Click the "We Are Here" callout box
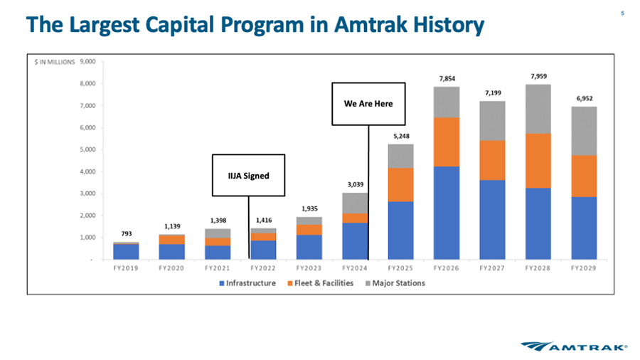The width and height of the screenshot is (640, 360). pos(368,104)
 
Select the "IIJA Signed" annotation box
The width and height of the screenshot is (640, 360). pos(248,175)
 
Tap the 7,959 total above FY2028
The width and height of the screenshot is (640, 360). pos(538,76)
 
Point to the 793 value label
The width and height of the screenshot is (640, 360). pos(127,233)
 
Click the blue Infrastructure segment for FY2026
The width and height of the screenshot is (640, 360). pos(447,213)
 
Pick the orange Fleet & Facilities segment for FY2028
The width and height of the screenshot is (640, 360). pos(538,161)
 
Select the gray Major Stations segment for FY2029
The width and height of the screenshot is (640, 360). pos(584,131)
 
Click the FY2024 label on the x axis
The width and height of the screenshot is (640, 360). pos(355,268)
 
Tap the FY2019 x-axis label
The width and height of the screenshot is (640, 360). pos(126,268)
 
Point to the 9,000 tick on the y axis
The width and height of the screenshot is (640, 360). pos(87,62)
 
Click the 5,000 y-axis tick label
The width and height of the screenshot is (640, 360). pos(87,149)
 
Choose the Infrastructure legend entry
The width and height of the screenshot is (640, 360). pos(247,283)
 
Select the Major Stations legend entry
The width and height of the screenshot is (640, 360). pos(395,283)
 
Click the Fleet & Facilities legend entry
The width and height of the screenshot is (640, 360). pos(321,283)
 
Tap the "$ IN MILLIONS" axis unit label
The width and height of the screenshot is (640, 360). pos(55,62)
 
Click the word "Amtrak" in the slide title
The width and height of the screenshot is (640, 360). pos(370,24)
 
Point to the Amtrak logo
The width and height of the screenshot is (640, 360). pos(574,346)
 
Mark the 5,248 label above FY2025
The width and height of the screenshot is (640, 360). pos(401,136)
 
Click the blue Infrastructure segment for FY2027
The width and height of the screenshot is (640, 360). pos(492,220)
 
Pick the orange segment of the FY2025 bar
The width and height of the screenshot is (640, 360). pos(401,185)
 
